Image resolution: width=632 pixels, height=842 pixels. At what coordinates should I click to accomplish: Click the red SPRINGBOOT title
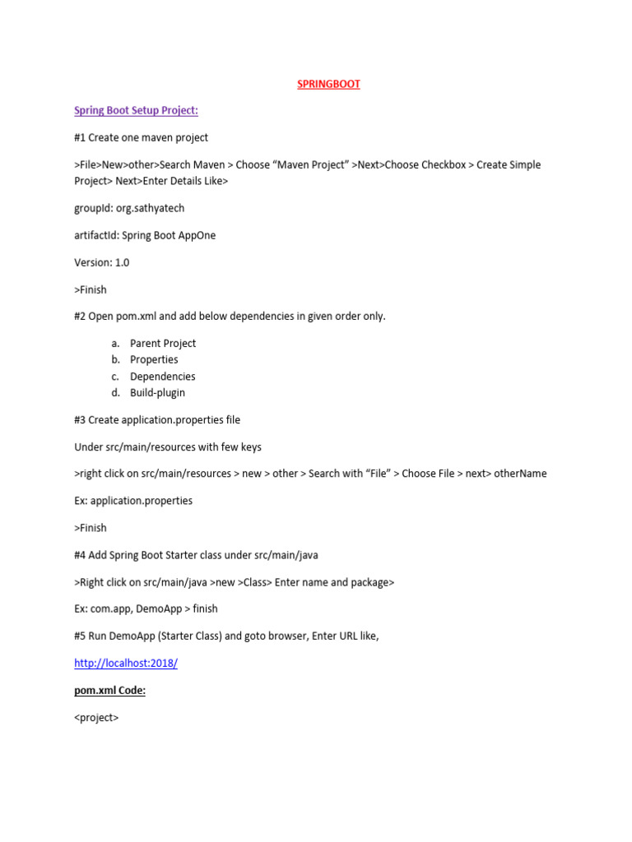pos(328,84)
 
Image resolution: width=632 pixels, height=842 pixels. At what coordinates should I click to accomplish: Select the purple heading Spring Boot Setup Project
pos(136,110)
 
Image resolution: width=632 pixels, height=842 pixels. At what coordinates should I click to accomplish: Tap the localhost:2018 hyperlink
pos(126,663)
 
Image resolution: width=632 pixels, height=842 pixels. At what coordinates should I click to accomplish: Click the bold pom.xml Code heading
pos(109,690)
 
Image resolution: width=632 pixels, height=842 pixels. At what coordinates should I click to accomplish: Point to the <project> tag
pos(96,717)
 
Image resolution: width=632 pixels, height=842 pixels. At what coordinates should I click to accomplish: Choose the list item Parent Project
pos(163,343)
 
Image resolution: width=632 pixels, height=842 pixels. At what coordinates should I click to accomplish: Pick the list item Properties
pos(154,359)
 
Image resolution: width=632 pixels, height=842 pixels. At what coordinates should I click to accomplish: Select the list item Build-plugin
pos(157,392)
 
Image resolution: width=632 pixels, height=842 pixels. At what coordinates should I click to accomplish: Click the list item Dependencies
pos(163,376)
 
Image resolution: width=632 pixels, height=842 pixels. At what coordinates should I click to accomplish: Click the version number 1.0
pos(122,262)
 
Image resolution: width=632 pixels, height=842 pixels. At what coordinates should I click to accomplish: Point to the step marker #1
pos(80,137)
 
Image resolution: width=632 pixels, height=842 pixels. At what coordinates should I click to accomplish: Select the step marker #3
pos(80,419)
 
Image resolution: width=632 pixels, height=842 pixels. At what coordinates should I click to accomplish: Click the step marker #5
pos(80,636)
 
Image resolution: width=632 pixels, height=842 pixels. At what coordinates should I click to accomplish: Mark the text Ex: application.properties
pos(133,500)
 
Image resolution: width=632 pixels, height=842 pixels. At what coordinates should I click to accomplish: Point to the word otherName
pos(520,473)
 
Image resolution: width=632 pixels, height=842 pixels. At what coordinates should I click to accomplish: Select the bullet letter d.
pos(116,392)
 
